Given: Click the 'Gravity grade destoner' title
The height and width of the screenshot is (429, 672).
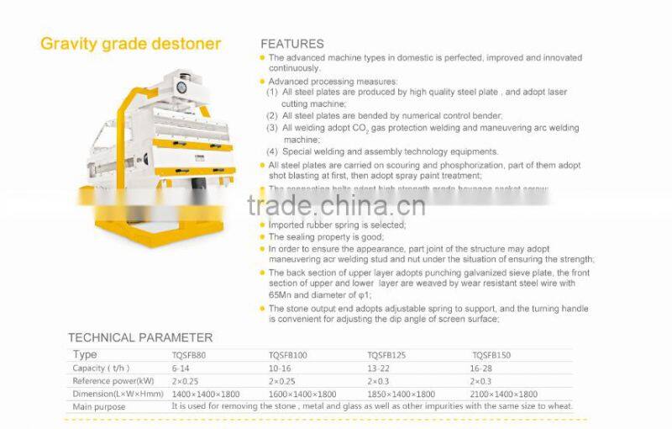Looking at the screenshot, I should (x=130, y=43).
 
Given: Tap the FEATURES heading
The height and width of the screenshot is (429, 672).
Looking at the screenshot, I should (x=291, y=44).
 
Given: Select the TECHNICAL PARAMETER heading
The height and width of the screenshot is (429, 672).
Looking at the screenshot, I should (x=140, y=337).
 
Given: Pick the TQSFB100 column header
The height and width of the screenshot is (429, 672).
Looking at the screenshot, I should (x=288, y=356).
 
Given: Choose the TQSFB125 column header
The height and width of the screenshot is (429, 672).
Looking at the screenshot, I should (x=387, y=356).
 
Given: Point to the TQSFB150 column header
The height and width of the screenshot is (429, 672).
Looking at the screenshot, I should (x=491, y=356).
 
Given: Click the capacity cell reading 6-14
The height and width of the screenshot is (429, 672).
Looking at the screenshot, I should (x=181, y=368).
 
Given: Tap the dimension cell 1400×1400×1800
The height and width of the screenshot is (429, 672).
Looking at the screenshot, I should (x=205, y=394).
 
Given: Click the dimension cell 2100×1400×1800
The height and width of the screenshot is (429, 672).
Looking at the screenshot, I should (x=504, y=394).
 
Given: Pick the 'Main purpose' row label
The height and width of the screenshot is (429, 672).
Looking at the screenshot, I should (x=99, y=406).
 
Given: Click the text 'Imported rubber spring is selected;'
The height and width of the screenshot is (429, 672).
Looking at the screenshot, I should (x=337, y=225).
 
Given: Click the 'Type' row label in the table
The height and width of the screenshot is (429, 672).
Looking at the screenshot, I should (x=85, y=356).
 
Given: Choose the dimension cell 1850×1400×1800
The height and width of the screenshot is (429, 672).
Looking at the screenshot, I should (x=402, y=394).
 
